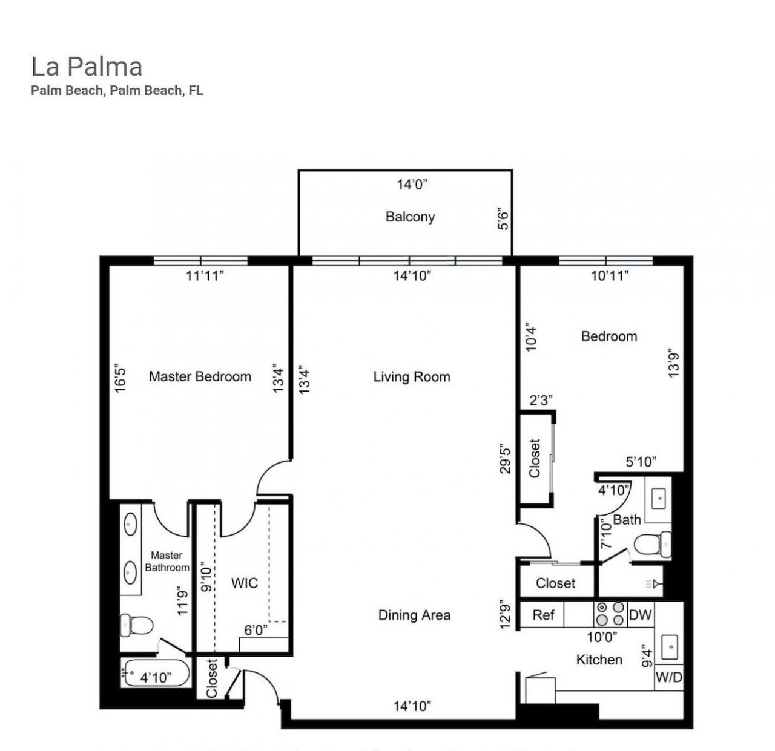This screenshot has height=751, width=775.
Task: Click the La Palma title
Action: pos(87,67)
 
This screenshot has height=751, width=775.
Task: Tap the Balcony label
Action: pos(410,217)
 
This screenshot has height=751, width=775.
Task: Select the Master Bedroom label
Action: pos(200,376)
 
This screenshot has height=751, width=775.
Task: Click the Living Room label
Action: pos(412,377)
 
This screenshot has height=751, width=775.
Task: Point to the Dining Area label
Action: pos(414,615)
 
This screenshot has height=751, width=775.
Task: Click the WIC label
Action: pos(245,583)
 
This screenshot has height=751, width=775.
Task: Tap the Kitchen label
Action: pos(599,660)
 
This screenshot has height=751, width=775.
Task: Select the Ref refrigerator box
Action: pos(542,615)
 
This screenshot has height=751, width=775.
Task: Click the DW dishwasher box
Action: pos(641,615)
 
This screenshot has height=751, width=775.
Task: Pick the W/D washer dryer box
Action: pos(668,678)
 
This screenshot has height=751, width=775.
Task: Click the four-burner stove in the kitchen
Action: pos(610,614)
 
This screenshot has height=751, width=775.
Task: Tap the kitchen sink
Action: pos(670,646)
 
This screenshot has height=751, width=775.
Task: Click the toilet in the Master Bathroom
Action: pos(136,625)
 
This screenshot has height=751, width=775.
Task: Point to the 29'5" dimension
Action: pos(506,459)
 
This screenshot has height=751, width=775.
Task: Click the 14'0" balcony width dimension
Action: pos(412,184)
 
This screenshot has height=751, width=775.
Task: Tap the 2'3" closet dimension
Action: pos(541,400)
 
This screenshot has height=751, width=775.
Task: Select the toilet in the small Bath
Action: pos(654,543)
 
